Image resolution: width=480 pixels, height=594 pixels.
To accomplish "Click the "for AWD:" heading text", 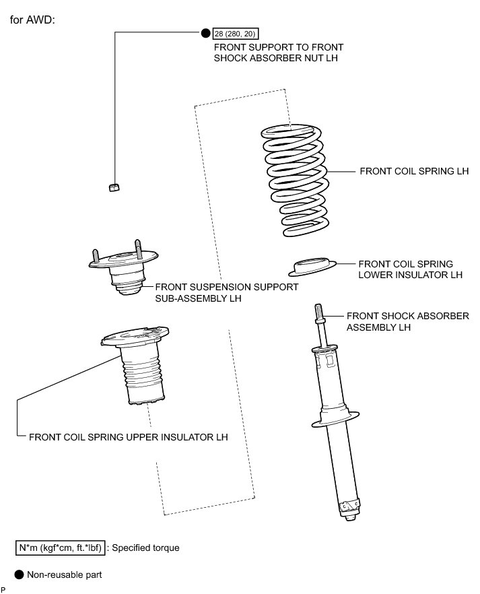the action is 32,20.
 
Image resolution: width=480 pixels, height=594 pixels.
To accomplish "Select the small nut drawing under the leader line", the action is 114,187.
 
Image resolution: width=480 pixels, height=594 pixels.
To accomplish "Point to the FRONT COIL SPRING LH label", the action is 414,171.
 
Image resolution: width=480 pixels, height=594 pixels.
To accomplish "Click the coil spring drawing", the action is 294,180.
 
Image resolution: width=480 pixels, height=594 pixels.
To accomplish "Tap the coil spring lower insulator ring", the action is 312,267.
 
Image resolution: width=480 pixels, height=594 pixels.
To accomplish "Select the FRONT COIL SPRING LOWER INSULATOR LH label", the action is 411,269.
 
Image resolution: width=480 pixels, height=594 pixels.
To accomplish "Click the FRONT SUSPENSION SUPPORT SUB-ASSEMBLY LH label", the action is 226,292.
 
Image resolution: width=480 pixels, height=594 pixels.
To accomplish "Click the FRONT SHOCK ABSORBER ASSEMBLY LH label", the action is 408,321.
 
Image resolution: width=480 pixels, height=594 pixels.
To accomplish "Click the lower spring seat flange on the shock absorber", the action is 335,419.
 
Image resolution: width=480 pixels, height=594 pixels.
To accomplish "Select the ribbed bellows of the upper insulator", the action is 143,376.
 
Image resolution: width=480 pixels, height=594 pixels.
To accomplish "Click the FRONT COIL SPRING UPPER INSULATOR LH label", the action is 129,437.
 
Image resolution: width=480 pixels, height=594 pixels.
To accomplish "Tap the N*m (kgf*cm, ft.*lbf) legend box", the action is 60,548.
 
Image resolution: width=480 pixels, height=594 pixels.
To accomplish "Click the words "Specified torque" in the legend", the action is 145,548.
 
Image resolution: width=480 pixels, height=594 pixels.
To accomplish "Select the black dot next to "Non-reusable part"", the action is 19,574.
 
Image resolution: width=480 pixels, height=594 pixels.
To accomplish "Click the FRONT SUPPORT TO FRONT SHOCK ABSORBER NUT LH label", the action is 279,53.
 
